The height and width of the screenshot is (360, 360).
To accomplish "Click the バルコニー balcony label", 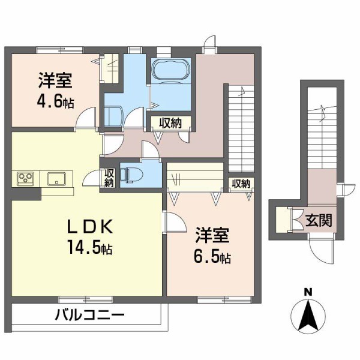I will point(90,314).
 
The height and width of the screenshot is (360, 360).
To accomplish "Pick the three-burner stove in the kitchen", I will point(26,178).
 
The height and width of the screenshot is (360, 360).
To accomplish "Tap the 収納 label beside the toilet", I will point(109,178).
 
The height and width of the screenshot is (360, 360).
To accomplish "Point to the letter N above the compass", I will point(308,292).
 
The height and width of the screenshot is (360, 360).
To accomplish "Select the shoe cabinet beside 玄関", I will point(281,220).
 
